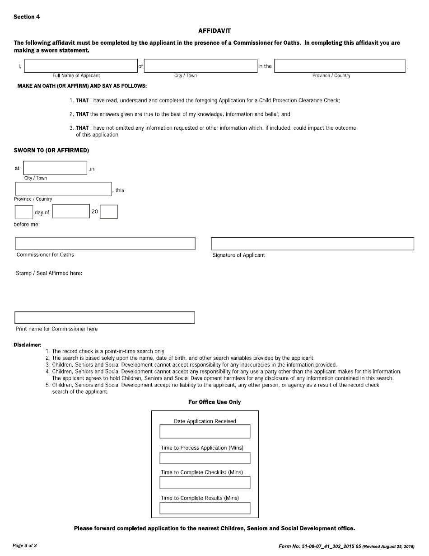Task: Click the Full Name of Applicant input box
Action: [x=81, y=66]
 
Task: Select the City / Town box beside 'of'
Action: [x=201, y=66]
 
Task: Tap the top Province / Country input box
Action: [x=340, y=66]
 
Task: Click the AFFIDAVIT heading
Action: [x=214, y=31]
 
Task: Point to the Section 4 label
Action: [x=27, y=17]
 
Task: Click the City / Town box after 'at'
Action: [x=55, y=168]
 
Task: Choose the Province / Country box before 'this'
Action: [x=63, y=189]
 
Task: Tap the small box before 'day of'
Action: [x=24, y=212]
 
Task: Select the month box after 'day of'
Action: [x=71, y=212]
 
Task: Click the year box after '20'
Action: [x=108, y=212]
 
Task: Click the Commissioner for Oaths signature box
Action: [x=105, y=243]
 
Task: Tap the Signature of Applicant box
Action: [x=312, y=244]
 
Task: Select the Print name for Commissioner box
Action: [x=105, y=317]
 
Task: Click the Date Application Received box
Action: [x=205, y=432]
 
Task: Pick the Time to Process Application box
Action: [x=205, y=458]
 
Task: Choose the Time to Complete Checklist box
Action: [x=205, y=483]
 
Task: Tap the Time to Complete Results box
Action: [x=205, y=508]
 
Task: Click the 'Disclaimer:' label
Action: [x=28, y=344]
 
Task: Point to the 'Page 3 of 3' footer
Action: [x=25, y=546]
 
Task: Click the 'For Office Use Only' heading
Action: [x=214, y=402]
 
